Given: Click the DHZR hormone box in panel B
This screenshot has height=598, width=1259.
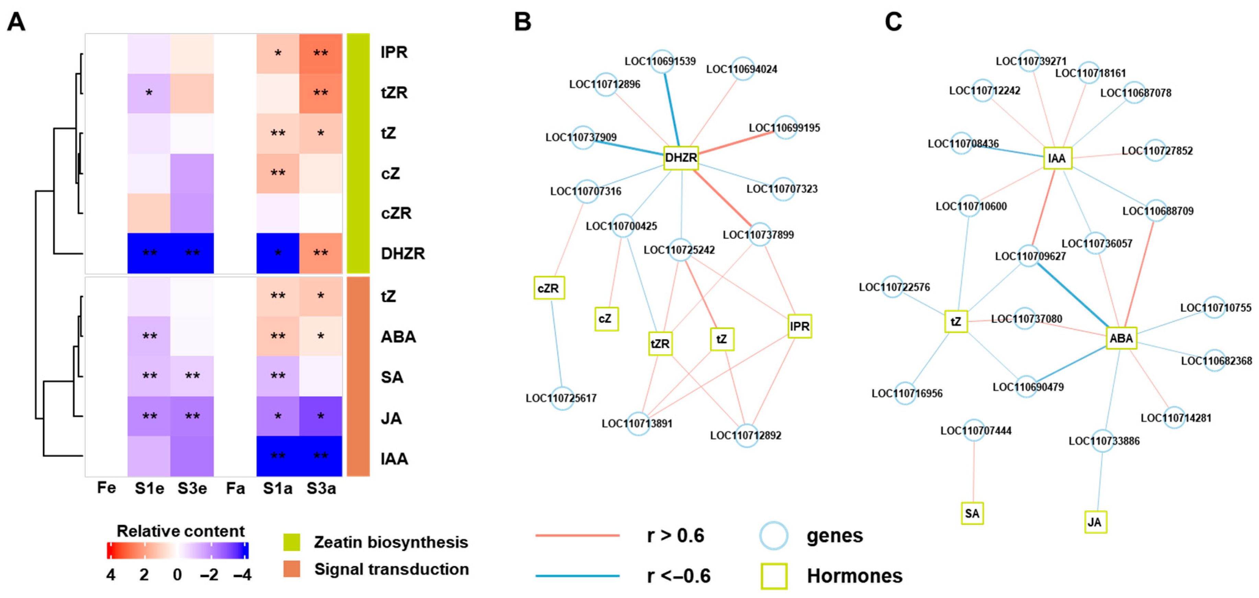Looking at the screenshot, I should [681, 158].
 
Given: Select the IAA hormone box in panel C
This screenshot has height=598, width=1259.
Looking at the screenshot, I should [1057, 158].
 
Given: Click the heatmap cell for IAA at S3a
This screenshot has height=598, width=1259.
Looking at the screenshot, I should [320, 456].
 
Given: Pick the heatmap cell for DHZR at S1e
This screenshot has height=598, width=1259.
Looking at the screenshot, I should [149, 253].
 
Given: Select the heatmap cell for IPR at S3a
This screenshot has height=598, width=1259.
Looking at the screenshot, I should [320, 53].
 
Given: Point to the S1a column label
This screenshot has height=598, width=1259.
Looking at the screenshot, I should [278, 488].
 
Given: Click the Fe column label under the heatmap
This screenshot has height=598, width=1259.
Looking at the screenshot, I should [106, 488].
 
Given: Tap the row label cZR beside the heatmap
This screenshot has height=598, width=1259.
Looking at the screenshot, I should [396, 213].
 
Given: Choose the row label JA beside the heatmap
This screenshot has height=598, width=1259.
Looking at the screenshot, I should [391, 418].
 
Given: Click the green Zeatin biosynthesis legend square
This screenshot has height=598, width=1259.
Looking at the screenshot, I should [292, 542].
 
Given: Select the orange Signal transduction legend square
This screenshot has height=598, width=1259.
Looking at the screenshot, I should [292, 569].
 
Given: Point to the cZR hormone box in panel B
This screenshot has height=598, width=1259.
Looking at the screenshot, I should [549, 288].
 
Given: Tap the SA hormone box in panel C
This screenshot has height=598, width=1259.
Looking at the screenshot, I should [972, 514].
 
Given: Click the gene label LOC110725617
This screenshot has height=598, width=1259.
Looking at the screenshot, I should [561, 398].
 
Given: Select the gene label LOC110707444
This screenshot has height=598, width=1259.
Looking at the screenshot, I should [976, 431].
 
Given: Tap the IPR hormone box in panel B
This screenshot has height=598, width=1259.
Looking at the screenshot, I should [800, 326].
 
